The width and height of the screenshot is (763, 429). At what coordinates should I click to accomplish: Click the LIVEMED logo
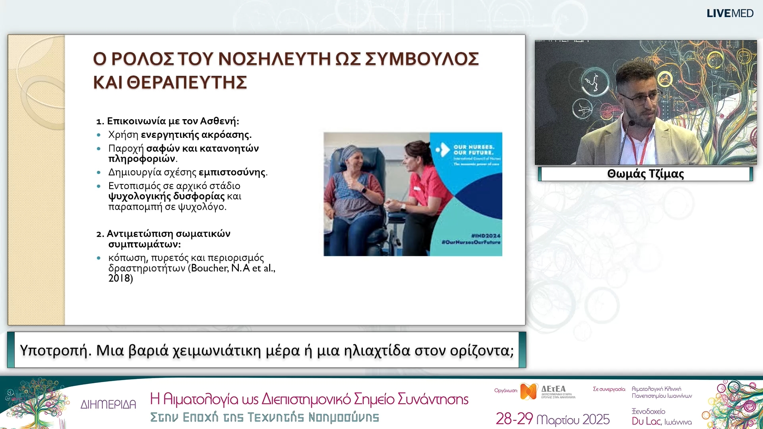click(730, 14)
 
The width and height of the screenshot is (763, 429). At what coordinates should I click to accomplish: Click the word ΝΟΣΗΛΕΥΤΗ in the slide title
click(274, 59)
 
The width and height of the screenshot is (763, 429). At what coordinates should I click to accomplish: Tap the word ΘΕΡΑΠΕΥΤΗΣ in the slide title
click(187, 83)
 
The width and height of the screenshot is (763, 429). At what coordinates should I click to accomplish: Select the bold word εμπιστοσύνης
click(232, 172)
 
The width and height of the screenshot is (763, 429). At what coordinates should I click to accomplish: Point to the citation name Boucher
click(209, 268)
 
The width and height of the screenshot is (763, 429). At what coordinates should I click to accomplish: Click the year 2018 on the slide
click(119, 278)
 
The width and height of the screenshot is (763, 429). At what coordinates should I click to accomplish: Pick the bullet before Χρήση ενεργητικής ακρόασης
click(99, 135)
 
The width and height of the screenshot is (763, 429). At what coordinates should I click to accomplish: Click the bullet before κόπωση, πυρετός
click(99, 258)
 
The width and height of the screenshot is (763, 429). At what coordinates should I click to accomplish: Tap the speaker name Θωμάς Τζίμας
click(645, 174)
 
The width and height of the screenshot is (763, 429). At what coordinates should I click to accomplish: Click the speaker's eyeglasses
click(640, 98)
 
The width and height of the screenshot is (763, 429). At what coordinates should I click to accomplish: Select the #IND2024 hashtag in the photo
click(486, 236)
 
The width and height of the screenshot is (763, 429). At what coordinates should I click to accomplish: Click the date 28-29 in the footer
click(514, 419)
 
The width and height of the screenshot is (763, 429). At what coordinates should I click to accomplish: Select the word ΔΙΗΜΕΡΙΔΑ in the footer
click(108, 404)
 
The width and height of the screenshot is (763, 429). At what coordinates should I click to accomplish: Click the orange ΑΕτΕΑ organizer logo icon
click(529, 391)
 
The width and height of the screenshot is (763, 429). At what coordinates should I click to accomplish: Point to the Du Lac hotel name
click(646, 421)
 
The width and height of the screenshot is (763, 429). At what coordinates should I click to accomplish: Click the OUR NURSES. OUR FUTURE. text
click(474, 150)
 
